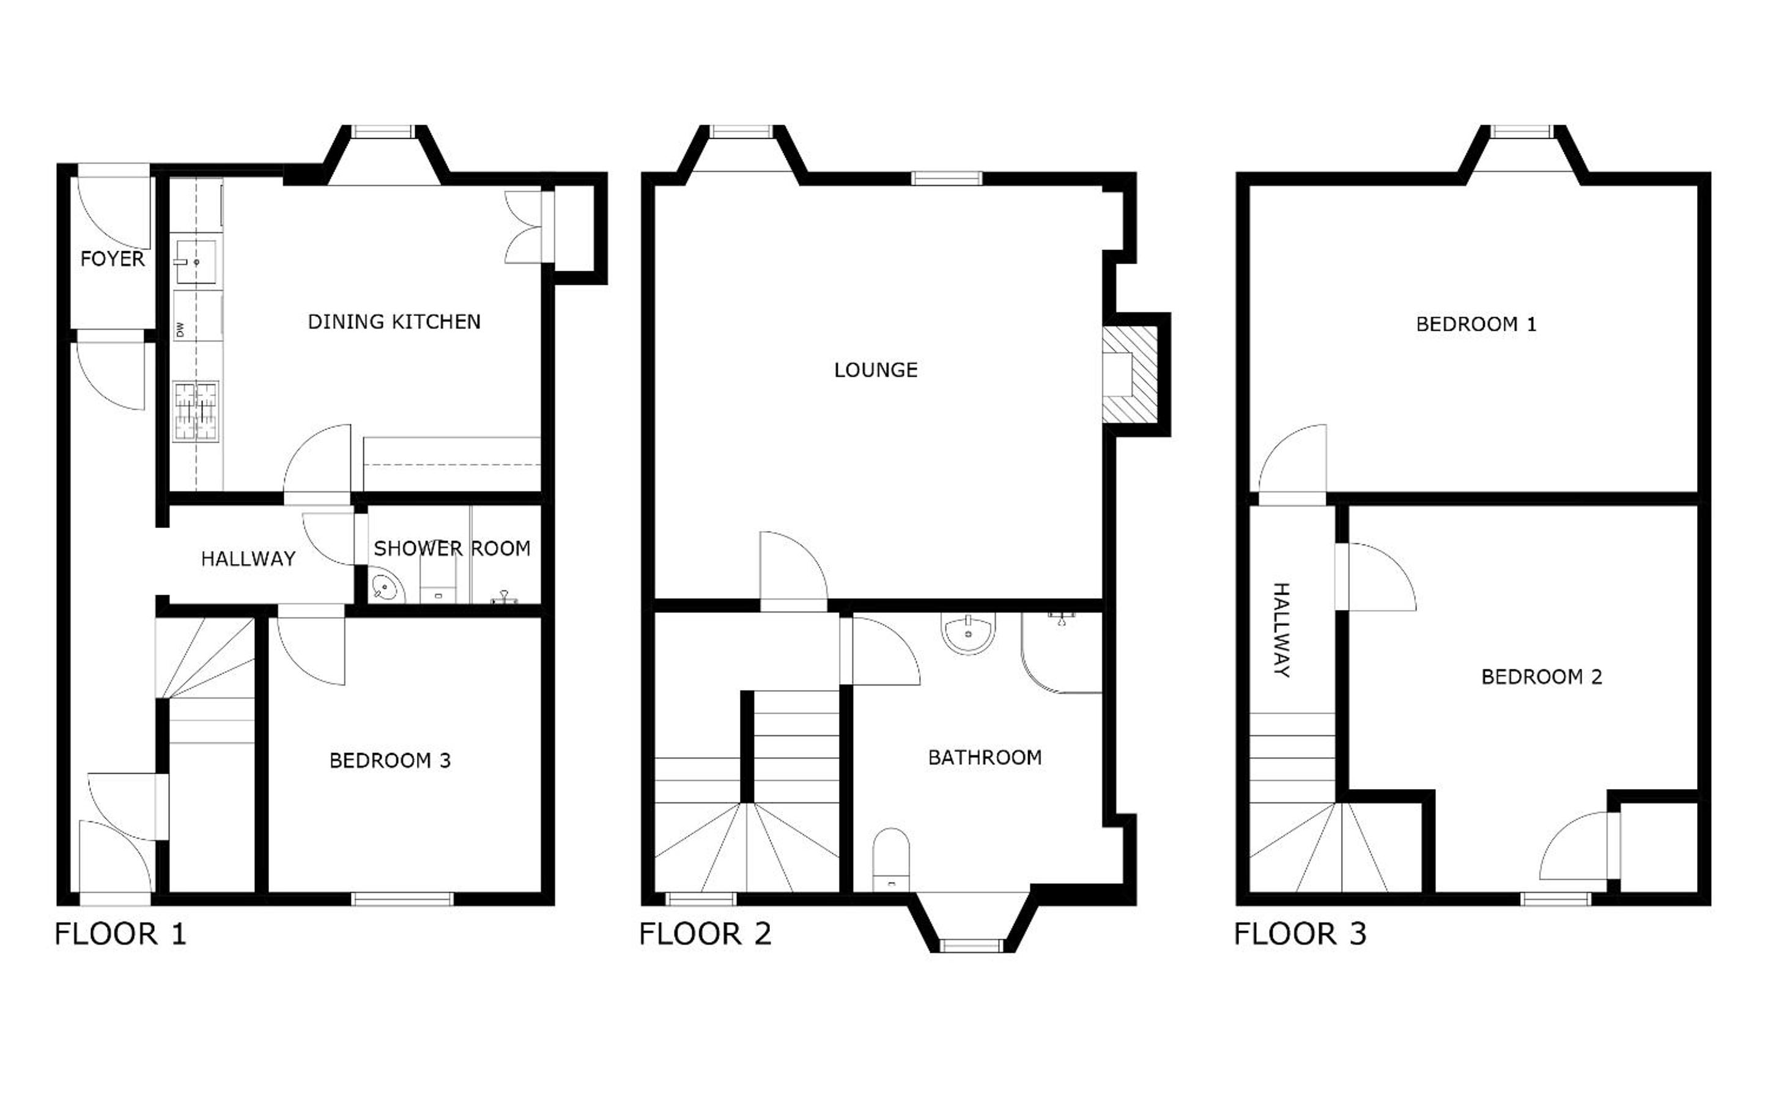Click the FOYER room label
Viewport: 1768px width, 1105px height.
[x=113, y=259]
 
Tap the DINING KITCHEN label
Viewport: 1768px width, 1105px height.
[x=394, y=321]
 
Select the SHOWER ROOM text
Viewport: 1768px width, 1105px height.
[x=452, y=548]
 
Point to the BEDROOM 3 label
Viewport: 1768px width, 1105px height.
[x=390, y=761]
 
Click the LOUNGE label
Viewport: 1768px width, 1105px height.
[x=876, y=370]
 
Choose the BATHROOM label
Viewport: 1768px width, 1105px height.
[x=985, y=757]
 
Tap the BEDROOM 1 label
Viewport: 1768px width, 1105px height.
[x=1476, y=324]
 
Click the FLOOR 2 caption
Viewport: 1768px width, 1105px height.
[x=706, y=934]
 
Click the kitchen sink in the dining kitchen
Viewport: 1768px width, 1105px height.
[x=196, y=262]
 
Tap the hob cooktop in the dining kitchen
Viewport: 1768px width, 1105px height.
[x=196, y=411]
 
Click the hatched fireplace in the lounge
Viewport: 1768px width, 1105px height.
[x=1130, y=375]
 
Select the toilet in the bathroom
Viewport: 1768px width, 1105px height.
[x=891, y=859]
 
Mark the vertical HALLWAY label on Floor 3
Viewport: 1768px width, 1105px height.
[x=1282, y=630]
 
